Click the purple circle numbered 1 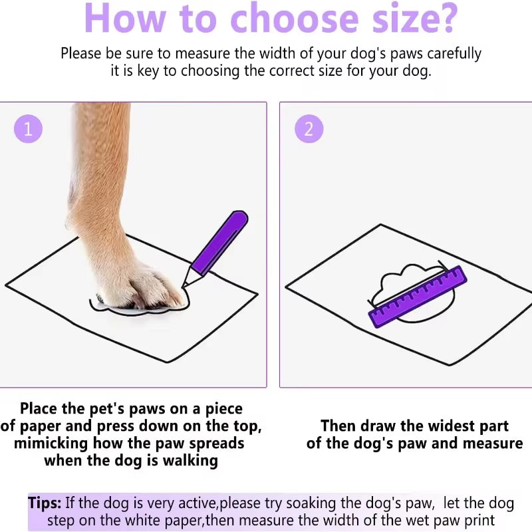click(x=28, y=129)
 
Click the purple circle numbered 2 click(x=309, y=129)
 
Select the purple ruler click(x=418, y=297)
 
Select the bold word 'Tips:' click(x=45, y=503)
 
